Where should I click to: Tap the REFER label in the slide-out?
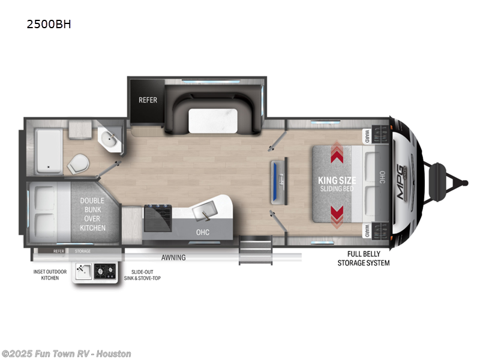[x=148, y=100]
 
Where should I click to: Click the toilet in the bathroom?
[x=78, y=164]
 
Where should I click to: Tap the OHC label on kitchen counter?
[x=202, y=232]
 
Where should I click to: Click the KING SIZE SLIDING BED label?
[x=338, y=184]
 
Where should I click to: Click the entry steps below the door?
[x=256, y=250]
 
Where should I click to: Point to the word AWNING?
[x=173, y=257]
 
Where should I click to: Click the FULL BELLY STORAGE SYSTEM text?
[x=363, y=259]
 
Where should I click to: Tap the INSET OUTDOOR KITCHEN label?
[x=46, y=275]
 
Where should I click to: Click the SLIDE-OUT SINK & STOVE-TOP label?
[x=142, y=275]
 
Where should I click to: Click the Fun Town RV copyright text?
[x=66, y=353]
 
